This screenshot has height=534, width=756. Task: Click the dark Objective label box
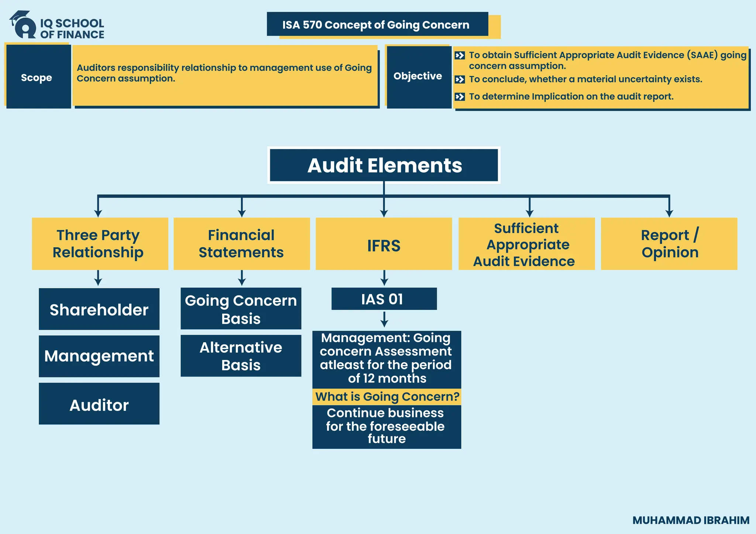tap(418, 76)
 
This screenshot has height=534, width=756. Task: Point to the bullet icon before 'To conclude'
tap(460, 79)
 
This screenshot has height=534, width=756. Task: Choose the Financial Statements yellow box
tap(241, 244)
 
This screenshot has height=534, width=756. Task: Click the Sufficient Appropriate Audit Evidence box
tap(526, 244)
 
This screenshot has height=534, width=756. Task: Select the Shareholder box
tap(99, 309)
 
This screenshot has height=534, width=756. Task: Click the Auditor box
tap(99, 404)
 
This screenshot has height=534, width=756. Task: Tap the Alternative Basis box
tap(241, 356)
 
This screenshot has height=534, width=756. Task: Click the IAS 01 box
tap(384, 299)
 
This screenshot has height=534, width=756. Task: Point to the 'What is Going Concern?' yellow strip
tap(386, 397)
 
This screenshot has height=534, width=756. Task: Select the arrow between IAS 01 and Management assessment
tap(384, 319)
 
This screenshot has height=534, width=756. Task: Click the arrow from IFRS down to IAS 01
tap(384, 278)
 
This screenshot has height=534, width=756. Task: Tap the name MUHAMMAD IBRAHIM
tap(691, 520)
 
